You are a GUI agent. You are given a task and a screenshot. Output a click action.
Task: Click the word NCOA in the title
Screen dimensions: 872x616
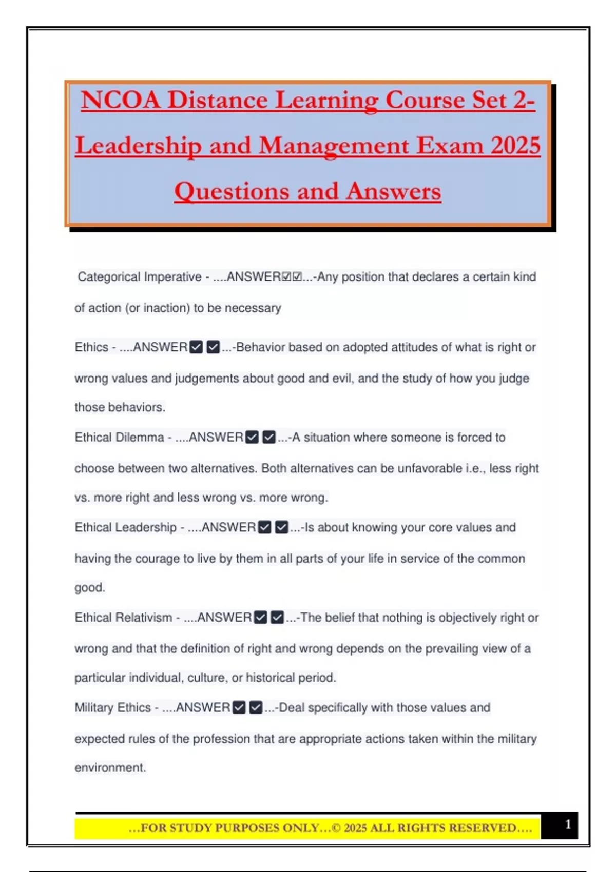[x=120, y=100]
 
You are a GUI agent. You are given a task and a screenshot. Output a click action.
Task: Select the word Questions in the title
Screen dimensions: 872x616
[x=232, y=191]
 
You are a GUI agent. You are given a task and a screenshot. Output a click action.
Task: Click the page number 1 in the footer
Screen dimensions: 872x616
[x=568, y=824]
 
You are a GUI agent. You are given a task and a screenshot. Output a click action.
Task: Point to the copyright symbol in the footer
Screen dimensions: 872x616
[x=336, y=828]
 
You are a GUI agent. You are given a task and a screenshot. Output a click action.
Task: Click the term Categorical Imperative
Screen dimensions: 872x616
[x=140, y=277]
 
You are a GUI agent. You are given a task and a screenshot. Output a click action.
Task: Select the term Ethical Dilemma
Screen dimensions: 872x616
[x=120, y=438]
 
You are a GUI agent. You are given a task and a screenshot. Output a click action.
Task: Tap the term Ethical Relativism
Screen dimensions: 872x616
[x=124, y=618]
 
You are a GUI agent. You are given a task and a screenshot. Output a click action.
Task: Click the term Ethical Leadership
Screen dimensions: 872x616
[x=126, y=527]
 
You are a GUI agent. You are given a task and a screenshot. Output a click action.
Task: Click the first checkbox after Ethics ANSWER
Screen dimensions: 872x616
[x=196, y=347]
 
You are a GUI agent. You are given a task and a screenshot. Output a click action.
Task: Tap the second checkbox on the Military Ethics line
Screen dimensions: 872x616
[x=256, y=708]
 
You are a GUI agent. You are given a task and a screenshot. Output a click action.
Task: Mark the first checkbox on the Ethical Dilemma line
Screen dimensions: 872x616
[x=252, y=438]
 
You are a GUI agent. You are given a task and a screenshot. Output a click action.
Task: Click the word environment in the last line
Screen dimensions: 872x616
[x=110, y=768]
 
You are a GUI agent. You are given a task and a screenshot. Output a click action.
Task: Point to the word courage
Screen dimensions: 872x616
[x=157, y=559]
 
